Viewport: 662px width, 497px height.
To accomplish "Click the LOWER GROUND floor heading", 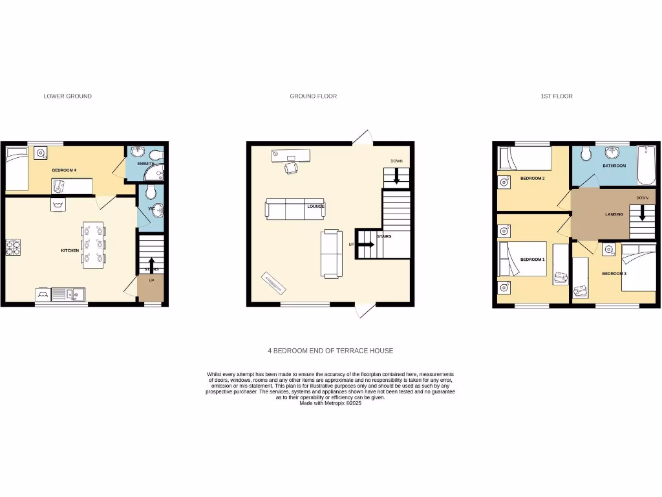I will click(67, 96).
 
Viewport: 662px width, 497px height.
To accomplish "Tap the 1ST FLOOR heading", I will click(557, 96).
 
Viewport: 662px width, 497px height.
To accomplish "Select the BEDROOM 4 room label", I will click(64, 170).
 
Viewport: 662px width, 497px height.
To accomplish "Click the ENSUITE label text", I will click(145, 164).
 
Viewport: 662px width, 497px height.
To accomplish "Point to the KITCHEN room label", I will click(70, 250).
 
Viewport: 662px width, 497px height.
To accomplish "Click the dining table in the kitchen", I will click(93, 244).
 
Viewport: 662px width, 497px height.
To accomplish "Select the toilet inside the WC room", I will click(150, 192).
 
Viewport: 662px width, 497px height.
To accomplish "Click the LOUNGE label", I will click(315, 206).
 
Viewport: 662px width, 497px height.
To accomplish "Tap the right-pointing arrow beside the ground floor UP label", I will click(368, 245).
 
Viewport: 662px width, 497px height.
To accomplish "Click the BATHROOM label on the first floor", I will click(614, 166).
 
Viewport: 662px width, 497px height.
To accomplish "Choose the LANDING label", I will click(614, 214).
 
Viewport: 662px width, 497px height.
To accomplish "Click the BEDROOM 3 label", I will click(614, 274).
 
